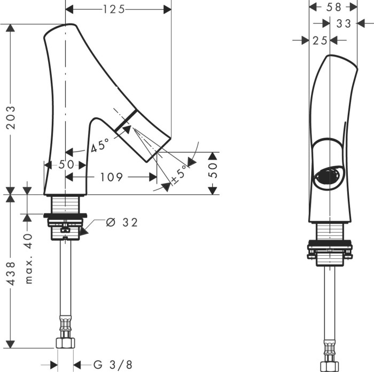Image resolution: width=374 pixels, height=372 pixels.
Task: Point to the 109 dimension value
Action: [111, 177]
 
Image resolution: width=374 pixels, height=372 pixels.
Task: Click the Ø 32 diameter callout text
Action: [122, 222]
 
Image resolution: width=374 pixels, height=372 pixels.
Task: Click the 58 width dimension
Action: [334, 7]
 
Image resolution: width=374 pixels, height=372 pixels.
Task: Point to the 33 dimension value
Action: [344, 23]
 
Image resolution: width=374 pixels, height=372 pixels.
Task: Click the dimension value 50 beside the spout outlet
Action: [212, 172]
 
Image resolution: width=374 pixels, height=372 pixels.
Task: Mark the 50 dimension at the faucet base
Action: [66, 165]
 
